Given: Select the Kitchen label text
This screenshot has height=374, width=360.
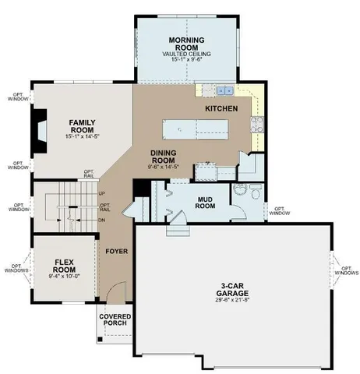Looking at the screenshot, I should point(221,109).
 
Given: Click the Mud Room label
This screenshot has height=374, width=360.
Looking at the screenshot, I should point(205,203).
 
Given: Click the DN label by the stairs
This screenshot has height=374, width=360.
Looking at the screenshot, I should point(102,220).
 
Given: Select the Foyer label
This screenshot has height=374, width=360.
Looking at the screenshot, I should point(117,252).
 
